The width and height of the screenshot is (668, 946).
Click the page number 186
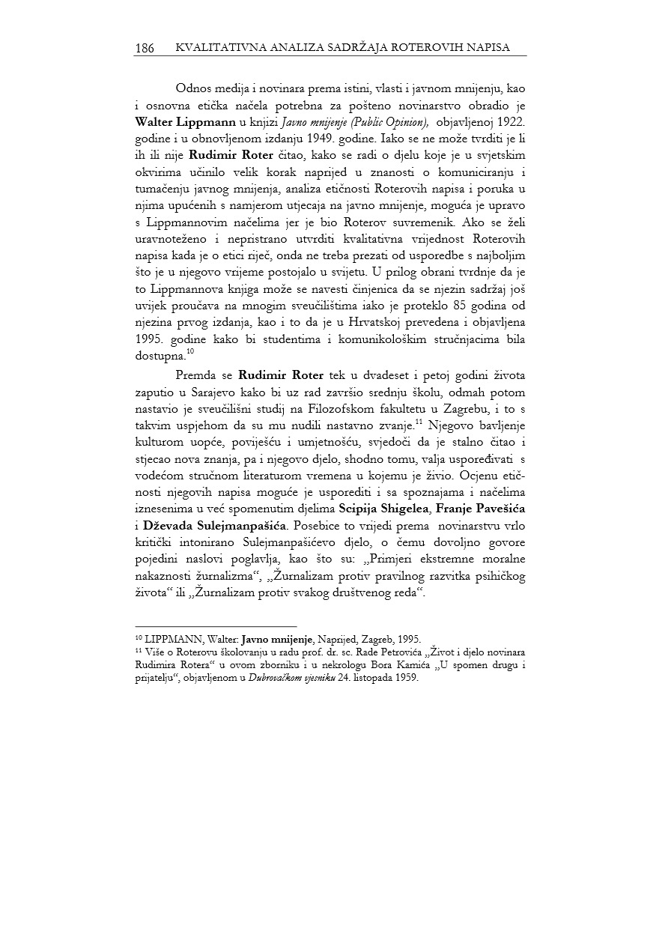[x=145, y=48]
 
